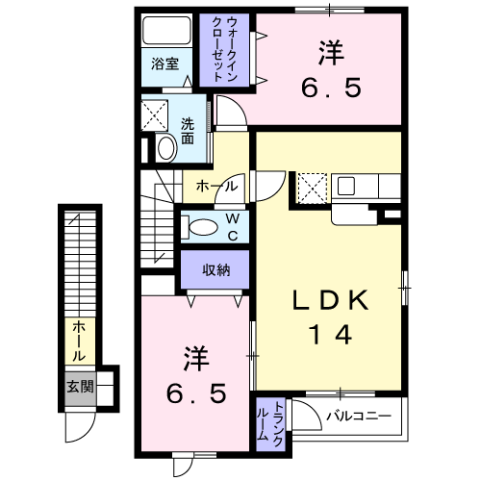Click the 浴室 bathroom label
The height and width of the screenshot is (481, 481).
(165, 64)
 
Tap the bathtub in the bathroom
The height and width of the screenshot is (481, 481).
(166, 31)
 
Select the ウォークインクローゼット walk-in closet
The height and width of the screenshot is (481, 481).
(224, 50)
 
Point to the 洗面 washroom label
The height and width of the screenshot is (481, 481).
(188, 131)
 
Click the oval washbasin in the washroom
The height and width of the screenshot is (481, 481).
(166, 148)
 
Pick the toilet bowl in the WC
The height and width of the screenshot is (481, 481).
(203, 227)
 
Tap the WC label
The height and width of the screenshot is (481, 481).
(233, 227)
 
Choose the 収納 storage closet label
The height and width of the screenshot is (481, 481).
(215, 270)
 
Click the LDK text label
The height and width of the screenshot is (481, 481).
(330, 300)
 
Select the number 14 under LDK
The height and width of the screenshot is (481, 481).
(330, 335)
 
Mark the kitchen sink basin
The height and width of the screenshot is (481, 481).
(346, 186)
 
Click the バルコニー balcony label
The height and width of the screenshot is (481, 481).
(359, 417)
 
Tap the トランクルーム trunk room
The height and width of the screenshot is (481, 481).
(271, 424)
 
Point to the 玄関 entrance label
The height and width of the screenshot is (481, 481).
(80, 387)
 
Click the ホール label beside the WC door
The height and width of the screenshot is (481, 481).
(216, 186)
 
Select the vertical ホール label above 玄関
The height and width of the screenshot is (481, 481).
(80, 342)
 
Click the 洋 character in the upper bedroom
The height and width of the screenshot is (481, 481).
(331, 52)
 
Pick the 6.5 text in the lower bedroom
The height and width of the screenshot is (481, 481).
(196, 393)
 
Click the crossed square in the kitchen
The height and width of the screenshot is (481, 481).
(313, 189)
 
